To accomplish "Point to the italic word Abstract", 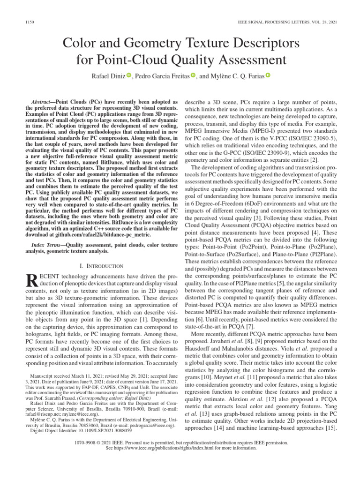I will [x=43, y=102].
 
